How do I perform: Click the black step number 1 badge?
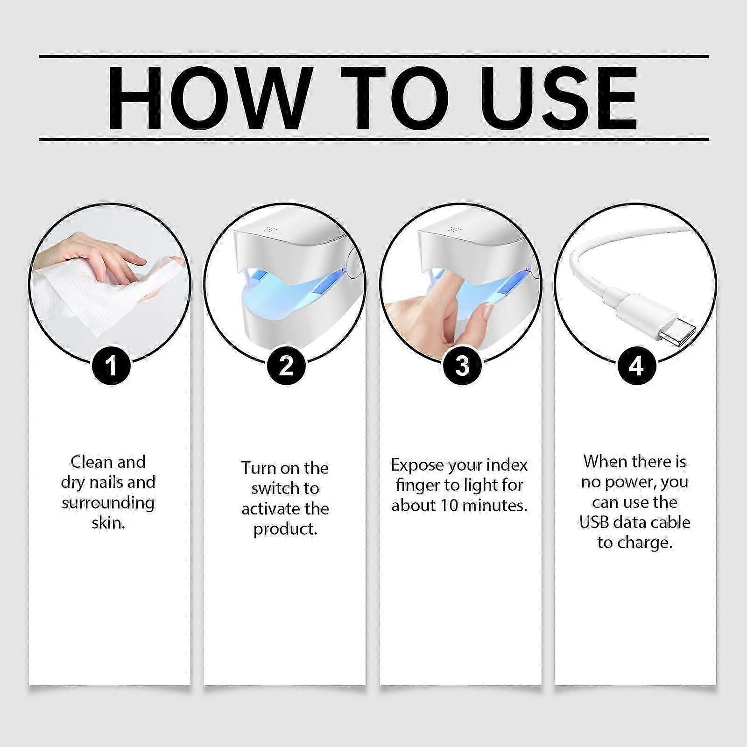point(111,366)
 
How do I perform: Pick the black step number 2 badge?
point(286,366)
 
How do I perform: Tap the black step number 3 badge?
point(462,366)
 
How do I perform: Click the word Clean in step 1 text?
point(92,462)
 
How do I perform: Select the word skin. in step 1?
point(108,523)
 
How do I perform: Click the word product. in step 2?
point(285,529)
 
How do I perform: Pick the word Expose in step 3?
point(416,465)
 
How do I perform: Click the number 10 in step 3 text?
point(450,506)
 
